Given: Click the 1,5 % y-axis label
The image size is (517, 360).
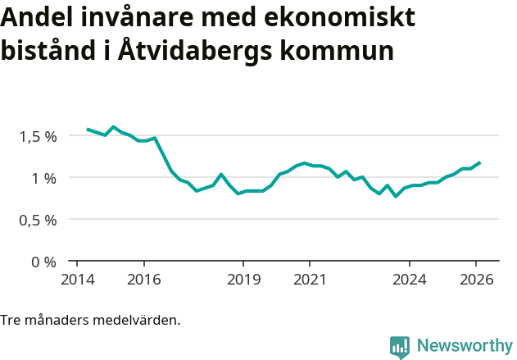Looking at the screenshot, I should [38, 136].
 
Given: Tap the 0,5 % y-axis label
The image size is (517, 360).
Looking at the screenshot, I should [38, 220].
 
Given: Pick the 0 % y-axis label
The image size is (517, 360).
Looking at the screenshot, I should [44, 262].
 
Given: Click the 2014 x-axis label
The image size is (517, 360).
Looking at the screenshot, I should [77, 279].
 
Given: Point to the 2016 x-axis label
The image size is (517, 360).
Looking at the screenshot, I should [143, 279].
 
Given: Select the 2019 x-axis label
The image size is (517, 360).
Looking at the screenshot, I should [243, 279].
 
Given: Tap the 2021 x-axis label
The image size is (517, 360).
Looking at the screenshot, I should [310, 279].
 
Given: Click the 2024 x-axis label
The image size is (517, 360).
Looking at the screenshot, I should [410, 279].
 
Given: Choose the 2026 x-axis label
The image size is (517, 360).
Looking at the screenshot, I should [476, 279].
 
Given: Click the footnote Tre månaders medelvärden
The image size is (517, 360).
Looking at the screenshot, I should [90, 320].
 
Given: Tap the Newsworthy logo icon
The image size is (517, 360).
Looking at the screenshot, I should [400, 347].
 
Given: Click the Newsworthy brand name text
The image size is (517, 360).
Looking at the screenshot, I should [464, 346].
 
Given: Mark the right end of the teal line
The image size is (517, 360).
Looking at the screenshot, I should [480, 162].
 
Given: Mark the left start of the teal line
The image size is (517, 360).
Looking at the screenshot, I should [88, 130].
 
